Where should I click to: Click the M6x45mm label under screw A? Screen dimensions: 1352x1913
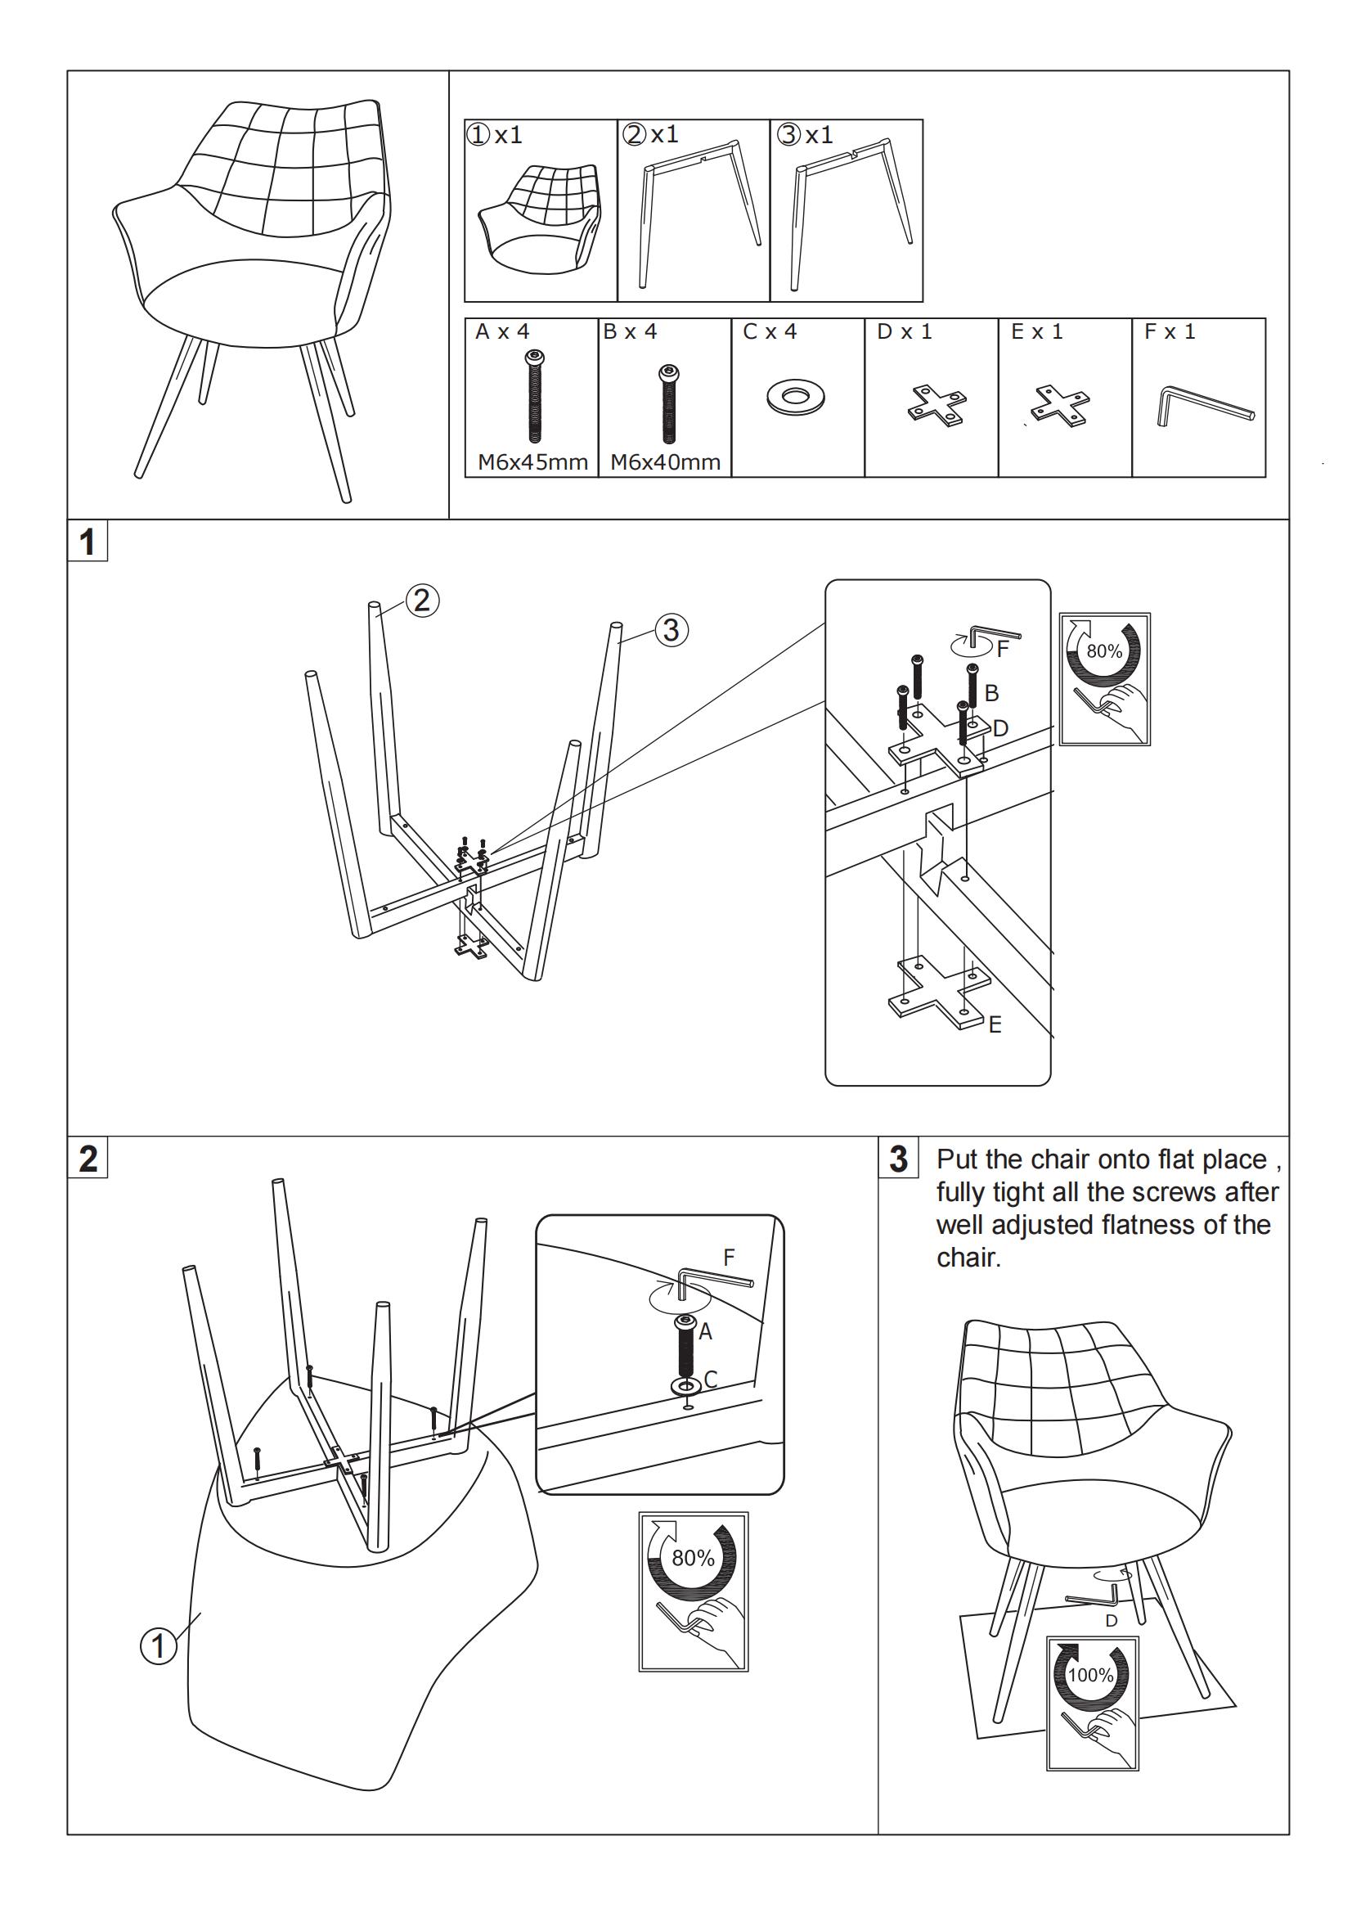(532, 461)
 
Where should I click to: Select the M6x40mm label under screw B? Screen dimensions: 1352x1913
(665, 461)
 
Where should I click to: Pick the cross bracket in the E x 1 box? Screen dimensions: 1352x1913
(1060, 405)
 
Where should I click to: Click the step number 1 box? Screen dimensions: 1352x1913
(88, 542)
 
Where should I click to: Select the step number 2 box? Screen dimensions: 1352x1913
(88, 1158)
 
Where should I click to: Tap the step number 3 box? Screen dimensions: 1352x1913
(898, 1158)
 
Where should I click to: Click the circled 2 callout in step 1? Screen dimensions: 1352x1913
(421, 601)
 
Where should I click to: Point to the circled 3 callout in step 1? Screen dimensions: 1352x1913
(672, 630)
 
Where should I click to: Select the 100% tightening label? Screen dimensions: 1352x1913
(1090, 1675)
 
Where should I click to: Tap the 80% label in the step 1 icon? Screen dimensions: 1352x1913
(1105, 651)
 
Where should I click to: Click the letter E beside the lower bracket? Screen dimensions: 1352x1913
(995, 1024)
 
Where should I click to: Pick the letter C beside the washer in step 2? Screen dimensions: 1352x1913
(711, 1380)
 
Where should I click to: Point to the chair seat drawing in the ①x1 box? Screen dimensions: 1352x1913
(539, 218)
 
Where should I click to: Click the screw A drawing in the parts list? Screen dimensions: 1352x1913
(533, 396)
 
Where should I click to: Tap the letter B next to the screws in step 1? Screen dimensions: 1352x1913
(991, 693)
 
